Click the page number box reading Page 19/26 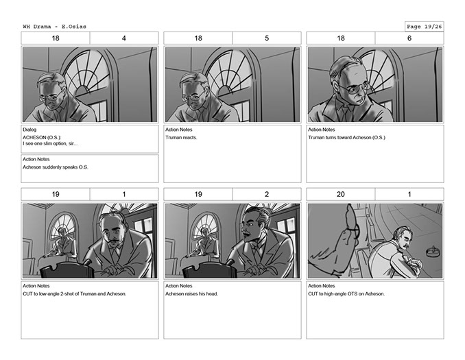425,26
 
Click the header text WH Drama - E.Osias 55,26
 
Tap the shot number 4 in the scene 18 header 124,38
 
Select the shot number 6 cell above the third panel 409,38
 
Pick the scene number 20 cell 341,194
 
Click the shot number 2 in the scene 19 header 267,194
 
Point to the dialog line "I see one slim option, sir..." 50,143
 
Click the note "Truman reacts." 181,138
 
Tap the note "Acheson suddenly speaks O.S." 56,167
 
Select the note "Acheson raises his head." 191,294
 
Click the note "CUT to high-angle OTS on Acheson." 346,294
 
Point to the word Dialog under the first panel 29,130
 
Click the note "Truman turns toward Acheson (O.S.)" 346,138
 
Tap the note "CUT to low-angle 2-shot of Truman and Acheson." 75,294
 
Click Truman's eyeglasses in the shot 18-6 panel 355,88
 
